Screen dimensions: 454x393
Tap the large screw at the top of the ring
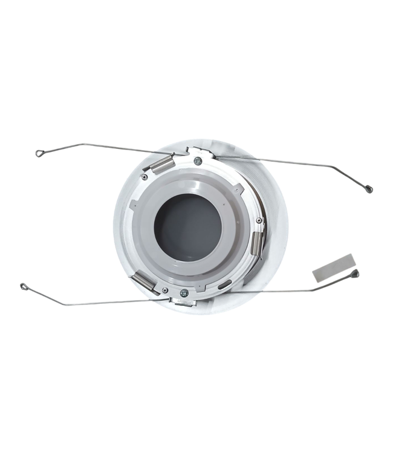point(198,161)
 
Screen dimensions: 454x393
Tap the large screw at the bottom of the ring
point(184,293)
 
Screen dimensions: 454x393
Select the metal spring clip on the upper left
point(162,164)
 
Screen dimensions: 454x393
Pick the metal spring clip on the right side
point(257,243)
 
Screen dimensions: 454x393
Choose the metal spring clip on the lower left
point(146,282)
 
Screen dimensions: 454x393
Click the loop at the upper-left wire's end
point(39,153)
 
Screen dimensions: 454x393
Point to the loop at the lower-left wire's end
point(24,286)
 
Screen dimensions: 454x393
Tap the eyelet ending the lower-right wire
point(355,274)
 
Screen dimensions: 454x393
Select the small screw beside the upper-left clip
point(145,177)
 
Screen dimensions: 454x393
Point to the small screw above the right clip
point(259,220)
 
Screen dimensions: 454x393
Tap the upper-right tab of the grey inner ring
point(239,188)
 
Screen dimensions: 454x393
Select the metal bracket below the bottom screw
point(183,302)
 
